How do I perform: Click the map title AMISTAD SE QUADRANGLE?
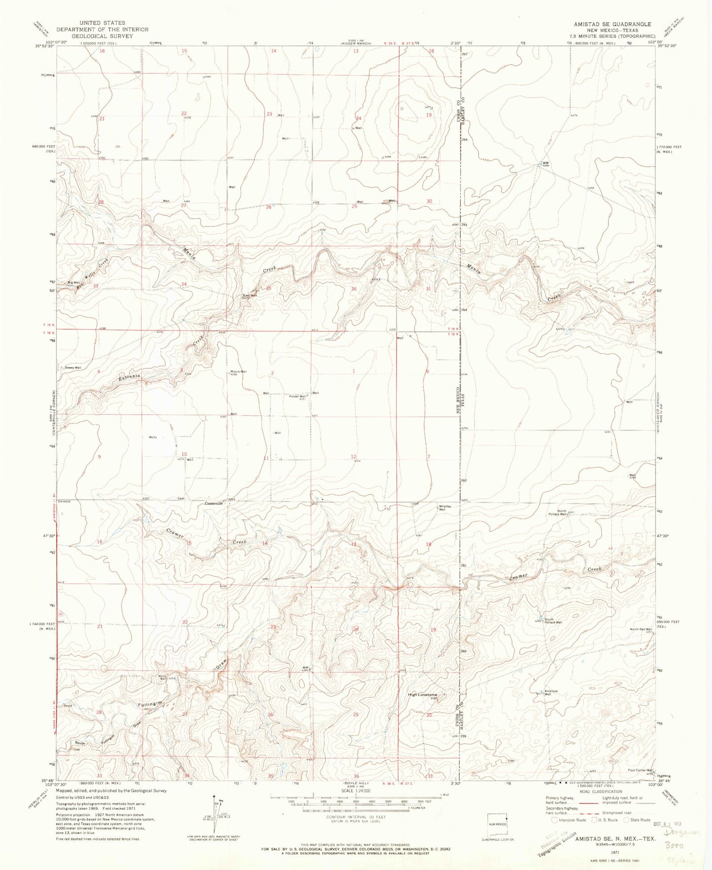click(611, 24)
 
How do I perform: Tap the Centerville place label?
click(214, 503)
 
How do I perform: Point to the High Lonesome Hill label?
click(422, 696)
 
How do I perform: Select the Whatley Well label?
click(442, 508)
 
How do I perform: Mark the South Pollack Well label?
click(553, 622)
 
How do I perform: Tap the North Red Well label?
click(641, 629)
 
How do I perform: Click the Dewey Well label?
click(71, 367)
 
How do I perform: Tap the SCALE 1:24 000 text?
click(355, 804)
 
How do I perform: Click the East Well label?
click(249, 295)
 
